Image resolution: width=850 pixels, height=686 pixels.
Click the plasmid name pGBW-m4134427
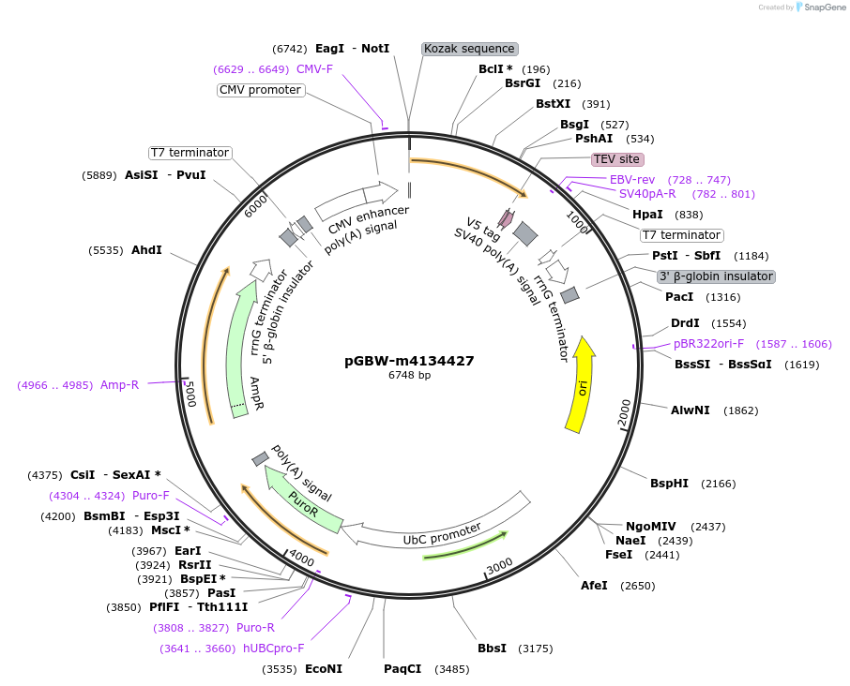(x=409, y=361)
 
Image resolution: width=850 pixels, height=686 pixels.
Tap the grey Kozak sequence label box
(x=469, y=49)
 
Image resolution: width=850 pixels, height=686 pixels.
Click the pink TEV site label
(x=616, y=159)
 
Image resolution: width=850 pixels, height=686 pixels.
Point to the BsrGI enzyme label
(x=523, y=83)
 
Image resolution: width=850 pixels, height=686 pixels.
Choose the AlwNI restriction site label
(x=690, y=410)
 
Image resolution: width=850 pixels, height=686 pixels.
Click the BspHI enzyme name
(x=669, y=484)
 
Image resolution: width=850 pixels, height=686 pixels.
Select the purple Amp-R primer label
(x=119, y=384)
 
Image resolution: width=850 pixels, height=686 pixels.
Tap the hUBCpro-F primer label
(x=273, y=648)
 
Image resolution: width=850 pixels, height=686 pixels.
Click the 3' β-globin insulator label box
(x=715, y=276)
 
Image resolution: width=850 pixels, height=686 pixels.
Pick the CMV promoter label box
(x=261, y=90)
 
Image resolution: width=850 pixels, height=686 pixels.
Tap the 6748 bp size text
(x=409, y=376)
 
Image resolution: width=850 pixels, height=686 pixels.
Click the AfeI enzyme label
(x=594, y=586)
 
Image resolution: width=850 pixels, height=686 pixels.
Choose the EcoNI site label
(x=324, y=669)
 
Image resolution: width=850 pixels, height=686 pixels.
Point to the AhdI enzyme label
(x=146, y=250)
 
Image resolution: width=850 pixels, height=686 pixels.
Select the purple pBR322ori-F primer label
(x=708, y=344)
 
